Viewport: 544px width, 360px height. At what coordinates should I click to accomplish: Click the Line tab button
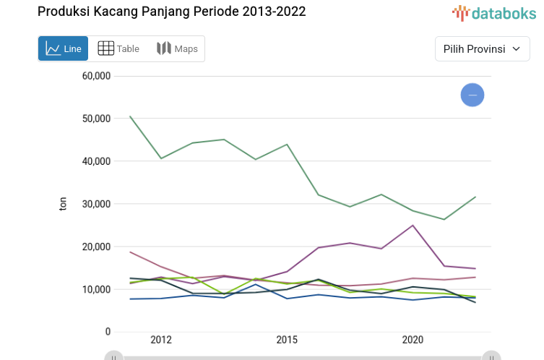[64, 48]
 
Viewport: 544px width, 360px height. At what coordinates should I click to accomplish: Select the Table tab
[118, 48]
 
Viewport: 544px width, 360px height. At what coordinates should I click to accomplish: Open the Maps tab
[177, 48]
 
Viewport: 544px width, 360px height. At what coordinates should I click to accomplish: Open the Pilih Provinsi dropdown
[482, 49]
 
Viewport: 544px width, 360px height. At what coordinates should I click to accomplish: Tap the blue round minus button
[472, 95]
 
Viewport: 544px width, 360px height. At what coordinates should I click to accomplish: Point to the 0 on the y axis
[108, 332]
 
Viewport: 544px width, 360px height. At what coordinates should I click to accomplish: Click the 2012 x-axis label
[161, 340]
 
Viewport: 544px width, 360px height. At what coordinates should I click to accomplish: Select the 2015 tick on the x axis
[287, 340]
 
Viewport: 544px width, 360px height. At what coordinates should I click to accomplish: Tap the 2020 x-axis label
[413, 340]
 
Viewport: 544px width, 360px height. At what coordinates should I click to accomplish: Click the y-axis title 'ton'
[63, 204]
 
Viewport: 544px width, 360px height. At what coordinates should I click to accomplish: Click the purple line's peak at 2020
[413, 226]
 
